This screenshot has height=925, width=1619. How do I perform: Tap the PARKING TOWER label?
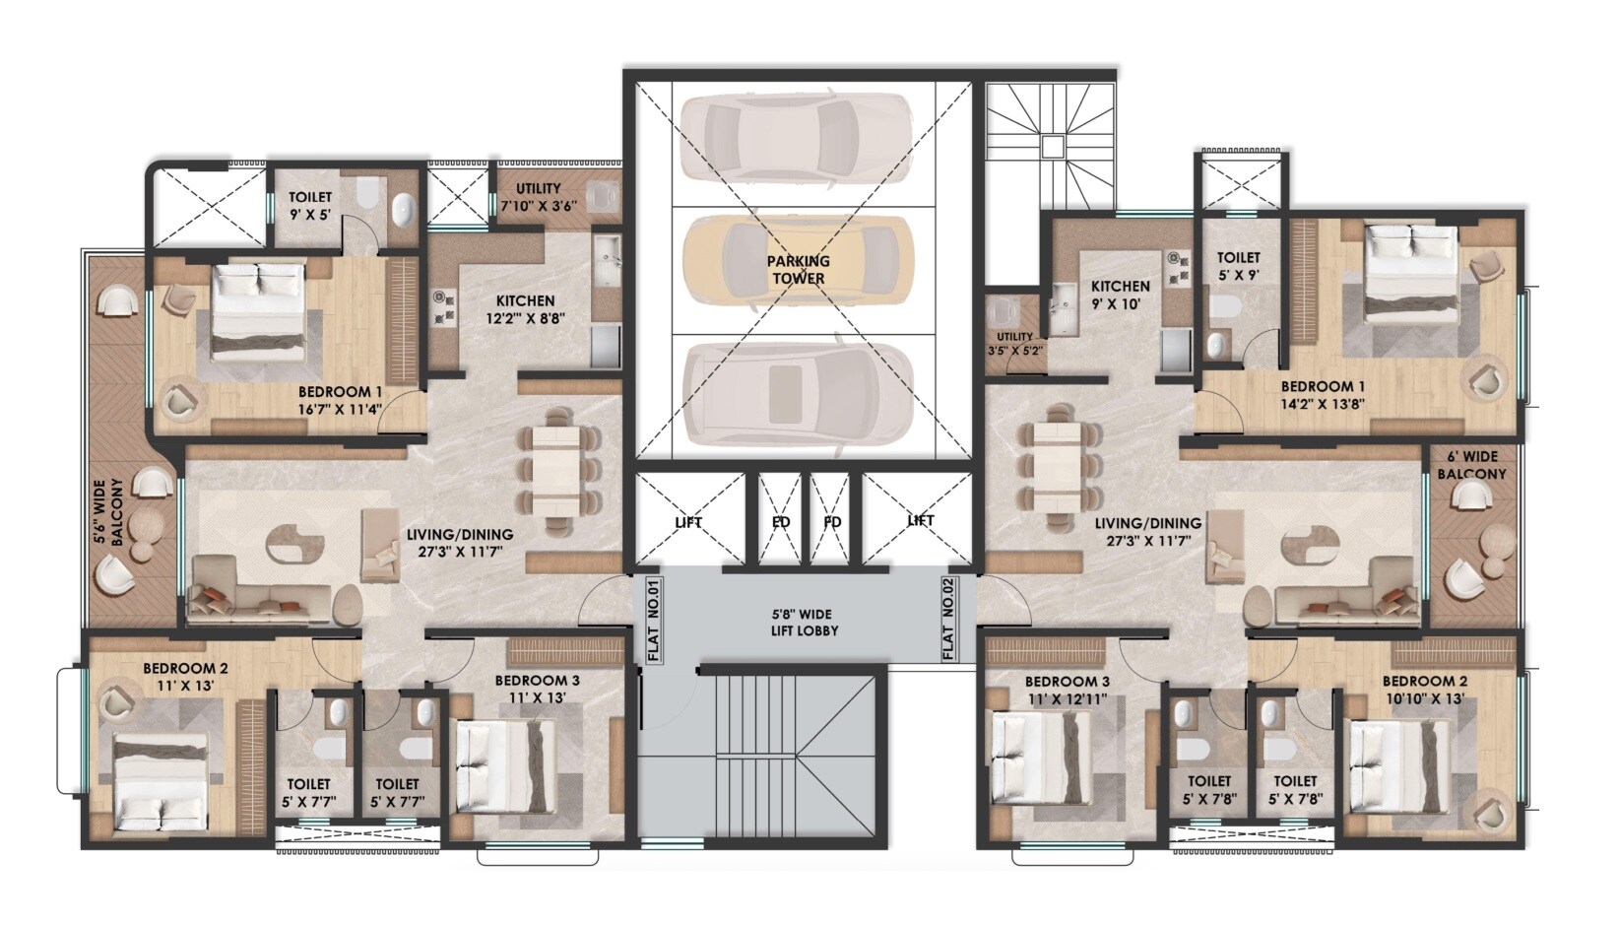coord(799,270)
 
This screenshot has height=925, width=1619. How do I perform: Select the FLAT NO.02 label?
coord(948,619)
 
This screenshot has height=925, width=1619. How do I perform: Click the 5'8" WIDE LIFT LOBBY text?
coord(805,622)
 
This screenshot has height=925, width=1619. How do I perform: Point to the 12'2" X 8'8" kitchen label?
coord(525,309)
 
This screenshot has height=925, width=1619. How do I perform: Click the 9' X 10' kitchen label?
coord(1120,296)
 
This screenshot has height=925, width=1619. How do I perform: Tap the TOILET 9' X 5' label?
coord(310,206)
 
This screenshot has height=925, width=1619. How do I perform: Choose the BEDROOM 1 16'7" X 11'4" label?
coord(341,399)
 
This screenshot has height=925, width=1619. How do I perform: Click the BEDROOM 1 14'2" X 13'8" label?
coord(1322,395)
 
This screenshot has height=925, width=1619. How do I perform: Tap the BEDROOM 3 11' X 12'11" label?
coord(1068,690)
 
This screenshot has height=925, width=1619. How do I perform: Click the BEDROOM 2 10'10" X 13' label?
coord(1424,690)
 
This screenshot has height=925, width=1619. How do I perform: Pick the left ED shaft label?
coord(781,522)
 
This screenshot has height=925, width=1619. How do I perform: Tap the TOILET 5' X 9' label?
coord(1238,266)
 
